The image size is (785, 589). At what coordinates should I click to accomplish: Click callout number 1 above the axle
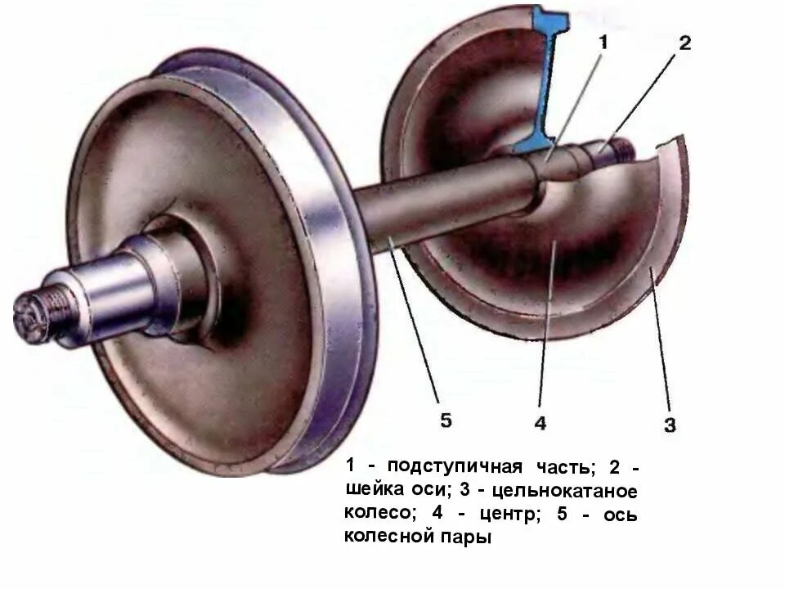coord(603,43)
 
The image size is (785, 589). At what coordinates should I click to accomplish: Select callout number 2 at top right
coord(684,43)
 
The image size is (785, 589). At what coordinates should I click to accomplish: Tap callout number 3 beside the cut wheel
coord(670,425)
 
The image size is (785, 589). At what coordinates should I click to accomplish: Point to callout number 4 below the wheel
coord(541,423)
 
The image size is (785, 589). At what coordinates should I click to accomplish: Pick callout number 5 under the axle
coord(446,420)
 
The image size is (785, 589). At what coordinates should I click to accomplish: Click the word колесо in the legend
coord(375,515)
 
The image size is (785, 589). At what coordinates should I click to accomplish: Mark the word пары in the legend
coord(468,539)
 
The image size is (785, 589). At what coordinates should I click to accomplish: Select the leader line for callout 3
coord(661,344)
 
